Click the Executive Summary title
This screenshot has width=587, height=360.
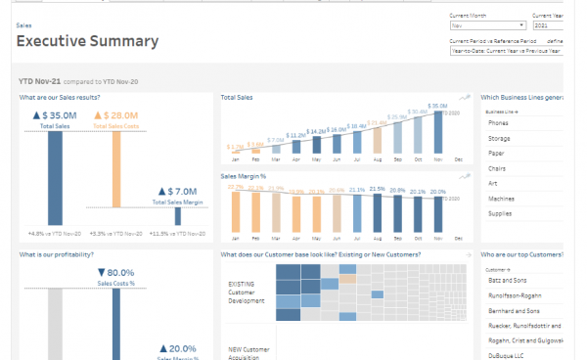(87, 41)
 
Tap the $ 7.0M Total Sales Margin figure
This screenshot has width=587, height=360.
(178, 192)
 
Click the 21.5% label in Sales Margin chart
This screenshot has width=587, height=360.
(377, 189)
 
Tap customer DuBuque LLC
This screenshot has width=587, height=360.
(505, 355)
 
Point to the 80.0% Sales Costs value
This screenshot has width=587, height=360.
(115, 273)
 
